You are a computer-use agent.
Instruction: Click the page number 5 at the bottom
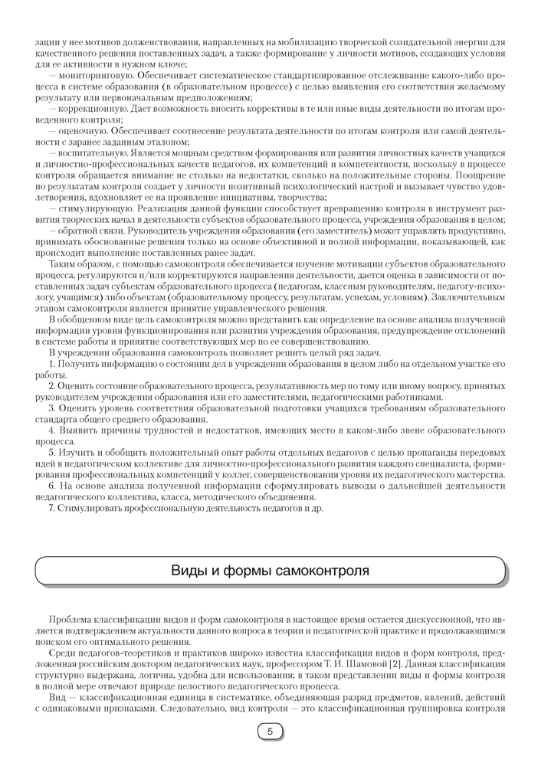click(x=269, y=732)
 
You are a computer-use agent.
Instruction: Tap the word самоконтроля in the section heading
click(x=321, y=571)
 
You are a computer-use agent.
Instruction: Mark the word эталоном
click(x=166, y=142)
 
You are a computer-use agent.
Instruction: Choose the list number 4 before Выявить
click(x=51, y=431)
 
